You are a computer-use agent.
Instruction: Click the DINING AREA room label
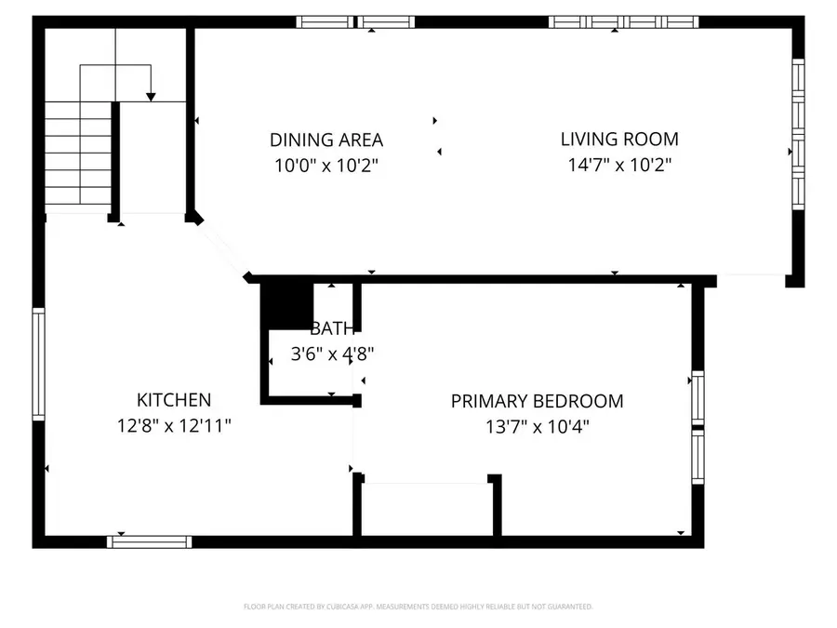pos(326,140)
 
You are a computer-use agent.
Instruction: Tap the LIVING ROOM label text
pos(619,140)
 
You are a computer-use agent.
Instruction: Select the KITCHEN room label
pos(174,400)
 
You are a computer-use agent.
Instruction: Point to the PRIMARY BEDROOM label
pos(537,402)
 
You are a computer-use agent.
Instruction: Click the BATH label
pos(332,328)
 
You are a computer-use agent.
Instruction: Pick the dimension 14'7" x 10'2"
pos(619,166)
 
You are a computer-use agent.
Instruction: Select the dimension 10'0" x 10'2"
pos(326,167)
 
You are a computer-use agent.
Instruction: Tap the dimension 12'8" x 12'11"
pos(174,426)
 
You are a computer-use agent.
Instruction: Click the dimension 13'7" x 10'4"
pos(537,427)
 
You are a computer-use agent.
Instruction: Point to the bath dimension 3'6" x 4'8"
pos(332,354)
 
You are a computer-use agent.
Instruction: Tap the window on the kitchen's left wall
pos(38,365)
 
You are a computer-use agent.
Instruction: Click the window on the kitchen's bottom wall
pos(150,541)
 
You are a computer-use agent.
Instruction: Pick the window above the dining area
pos(356,21)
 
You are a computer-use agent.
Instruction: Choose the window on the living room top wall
pos(623,21)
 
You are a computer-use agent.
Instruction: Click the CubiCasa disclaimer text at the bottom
pos(418,607)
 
